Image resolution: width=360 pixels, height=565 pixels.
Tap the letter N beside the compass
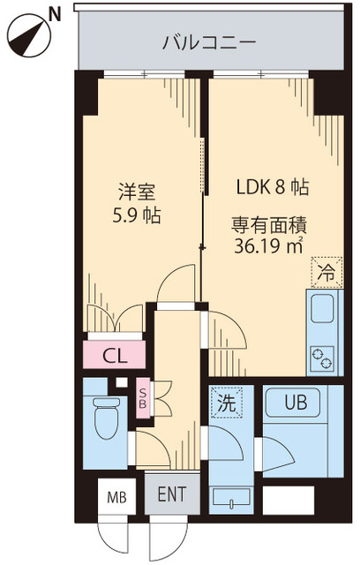tap(56, 12)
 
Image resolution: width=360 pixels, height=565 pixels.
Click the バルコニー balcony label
tap(209, 41)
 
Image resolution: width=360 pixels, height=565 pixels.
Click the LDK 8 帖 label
tap(271, 188)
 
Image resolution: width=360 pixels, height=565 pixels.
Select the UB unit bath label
tap(296, 403)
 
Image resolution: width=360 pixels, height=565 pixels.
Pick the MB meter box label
tap(116, 497)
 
